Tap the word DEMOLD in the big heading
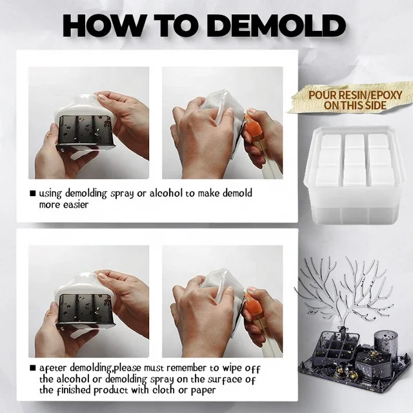point(278,26)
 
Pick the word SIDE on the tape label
point(376,105)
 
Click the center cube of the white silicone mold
point(354,158)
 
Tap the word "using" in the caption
point(50,194)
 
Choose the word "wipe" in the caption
point(232,368)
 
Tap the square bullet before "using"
point(33,194)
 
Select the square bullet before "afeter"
point(33,368)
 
